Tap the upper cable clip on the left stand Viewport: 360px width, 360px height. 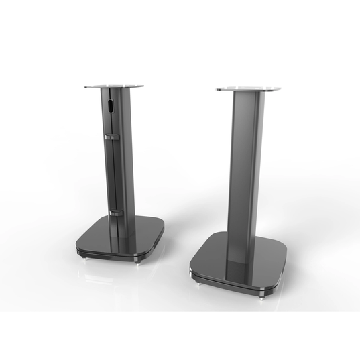tap(109, 137)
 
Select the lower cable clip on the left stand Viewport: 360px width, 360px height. tap(113, 213)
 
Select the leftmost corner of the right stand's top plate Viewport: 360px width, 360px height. tap(216, 88)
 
